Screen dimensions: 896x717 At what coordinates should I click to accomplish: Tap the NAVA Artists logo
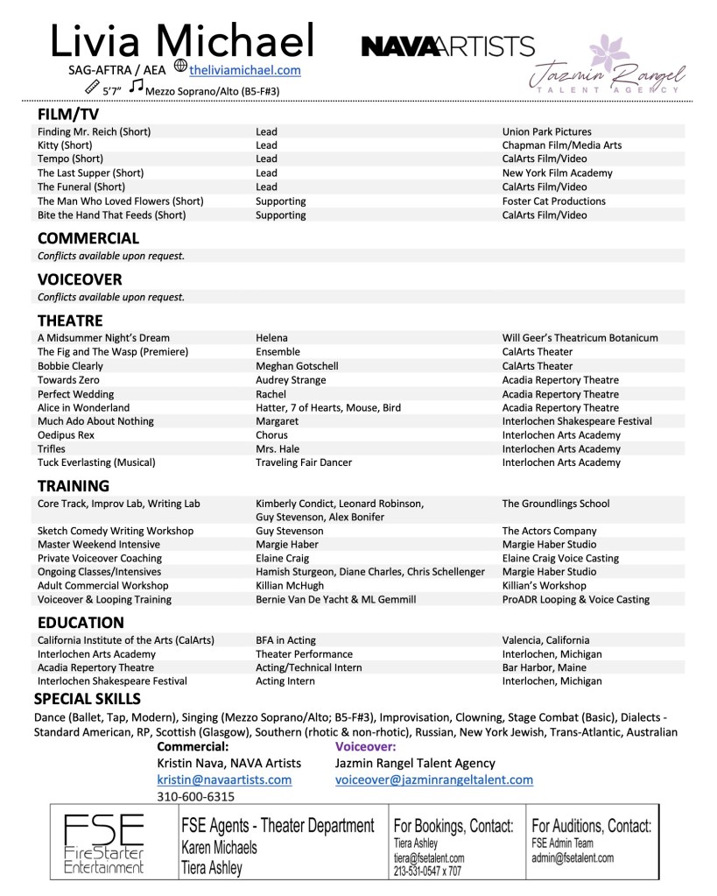(447, 46)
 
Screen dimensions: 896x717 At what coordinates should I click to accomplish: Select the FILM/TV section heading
(68, 115)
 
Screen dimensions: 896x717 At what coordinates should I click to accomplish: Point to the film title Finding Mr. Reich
(94, 131)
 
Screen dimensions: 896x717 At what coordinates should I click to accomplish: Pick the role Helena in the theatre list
(272, 338)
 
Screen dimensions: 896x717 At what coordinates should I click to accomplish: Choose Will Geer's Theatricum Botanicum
(580, 338)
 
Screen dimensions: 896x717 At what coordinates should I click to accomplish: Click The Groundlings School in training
(556, 504)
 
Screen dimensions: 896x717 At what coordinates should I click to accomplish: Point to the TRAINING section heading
(73, 486)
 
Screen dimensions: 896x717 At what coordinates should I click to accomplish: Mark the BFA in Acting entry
(286, 640)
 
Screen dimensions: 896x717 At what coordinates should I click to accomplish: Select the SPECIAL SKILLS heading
(87, 699)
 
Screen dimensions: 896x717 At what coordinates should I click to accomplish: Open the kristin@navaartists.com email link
(224, 780)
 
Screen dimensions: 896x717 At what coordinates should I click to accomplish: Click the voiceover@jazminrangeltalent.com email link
(433, 780)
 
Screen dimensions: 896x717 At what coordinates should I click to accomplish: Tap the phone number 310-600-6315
(195, 797)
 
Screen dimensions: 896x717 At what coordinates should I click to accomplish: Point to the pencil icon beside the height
(91, 88)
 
